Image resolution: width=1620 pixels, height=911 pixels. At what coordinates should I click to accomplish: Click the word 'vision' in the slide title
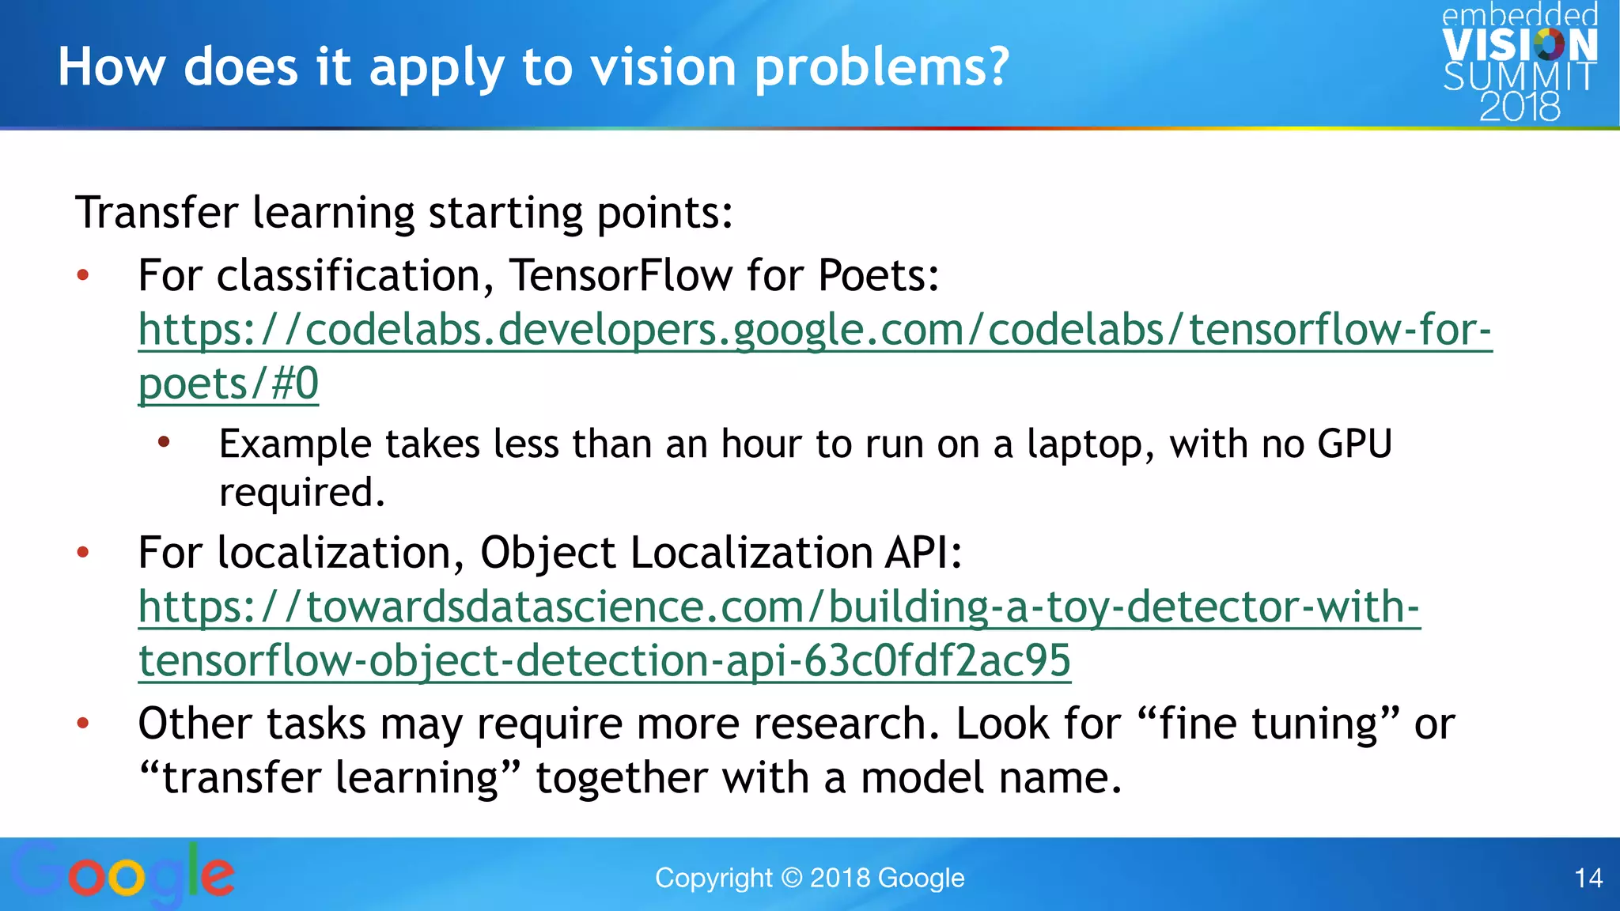(x=664, y=66)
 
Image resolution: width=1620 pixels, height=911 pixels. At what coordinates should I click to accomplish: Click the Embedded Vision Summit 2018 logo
(x=1519, y=62)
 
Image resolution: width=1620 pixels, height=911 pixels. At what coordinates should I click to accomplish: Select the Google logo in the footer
(x=123, y=874)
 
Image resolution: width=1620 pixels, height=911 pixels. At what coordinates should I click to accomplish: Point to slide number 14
(x=1588, y=878)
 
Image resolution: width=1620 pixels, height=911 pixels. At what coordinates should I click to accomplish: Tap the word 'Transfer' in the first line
(x=157, y=213)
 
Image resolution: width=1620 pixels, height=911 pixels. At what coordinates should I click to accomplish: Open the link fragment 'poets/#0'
(x=229, y=384)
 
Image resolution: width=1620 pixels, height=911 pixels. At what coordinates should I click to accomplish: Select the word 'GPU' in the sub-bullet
(x=1354, y=444)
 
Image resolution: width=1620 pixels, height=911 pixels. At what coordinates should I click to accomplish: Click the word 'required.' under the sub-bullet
(x=301, y=493)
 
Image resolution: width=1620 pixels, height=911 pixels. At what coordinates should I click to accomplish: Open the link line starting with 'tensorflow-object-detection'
(x=604, y=660)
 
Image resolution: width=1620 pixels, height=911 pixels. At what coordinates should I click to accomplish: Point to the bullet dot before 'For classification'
(x=83, y=276)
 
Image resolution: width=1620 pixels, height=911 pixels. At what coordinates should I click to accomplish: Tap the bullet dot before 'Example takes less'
(x=164, y=442)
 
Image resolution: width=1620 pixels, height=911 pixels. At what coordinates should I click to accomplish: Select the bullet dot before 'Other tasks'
(x=83, y=723)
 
